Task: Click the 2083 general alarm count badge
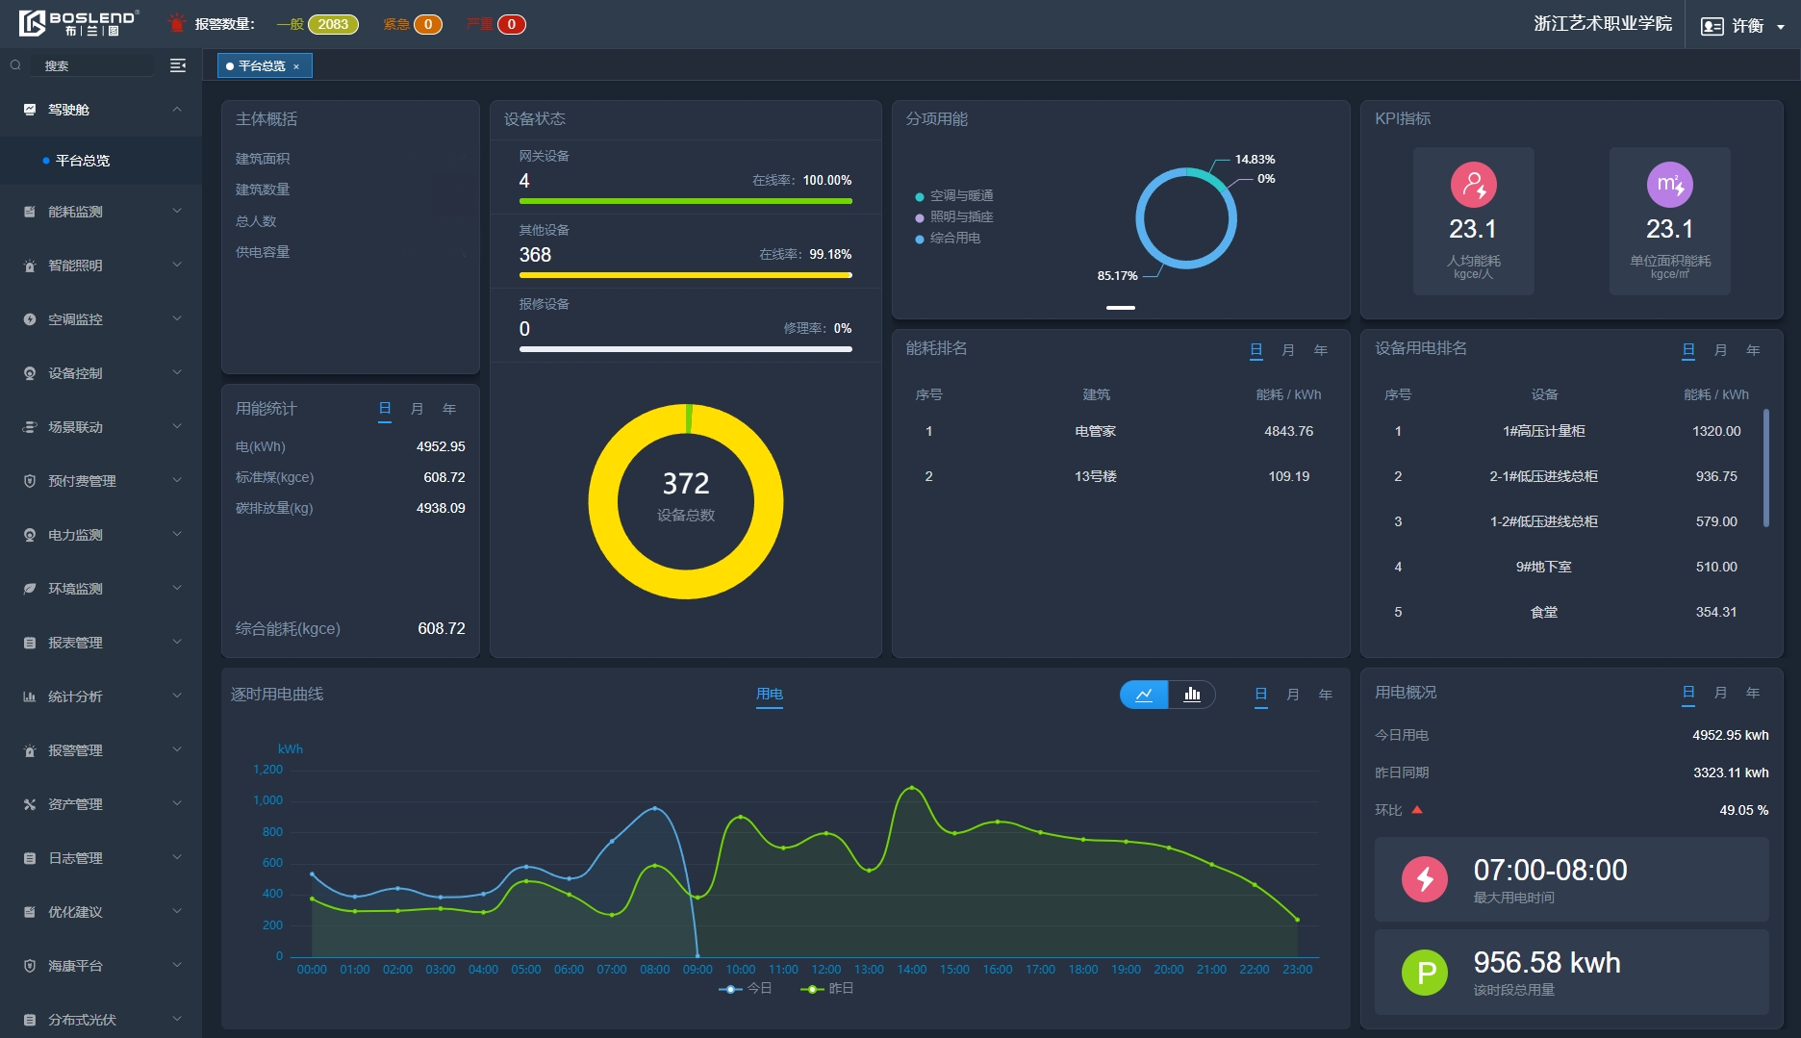[x=333, y=24]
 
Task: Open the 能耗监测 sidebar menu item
[x=76, y=212]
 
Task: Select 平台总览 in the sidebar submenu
[x=83, y=161]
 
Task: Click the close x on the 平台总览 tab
[x=296, y=66]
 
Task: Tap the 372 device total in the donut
[x=685, y=484]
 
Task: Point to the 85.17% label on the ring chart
[x=1117, y=276]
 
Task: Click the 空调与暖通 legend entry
[x=960, y=195]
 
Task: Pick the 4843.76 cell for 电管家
[x=1288, y=431]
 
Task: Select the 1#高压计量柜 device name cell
[x=1543, y=431]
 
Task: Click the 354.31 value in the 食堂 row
[x=1716, y=612]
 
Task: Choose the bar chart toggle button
[x=1192, y=695]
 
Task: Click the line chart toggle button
[x=1144, y=695]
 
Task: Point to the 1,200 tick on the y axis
[x=267, y=770]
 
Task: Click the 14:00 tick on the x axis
[x=911, y=969]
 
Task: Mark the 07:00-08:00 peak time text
[x=1550, y=871]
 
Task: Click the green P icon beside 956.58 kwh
[x=1424, y=973]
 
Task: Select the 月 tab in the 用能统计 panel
[x=417, y=409]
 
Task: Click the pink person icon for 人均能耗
[x=1473, y=185]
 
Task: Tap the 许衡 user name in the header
[x=1747, y=26]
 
